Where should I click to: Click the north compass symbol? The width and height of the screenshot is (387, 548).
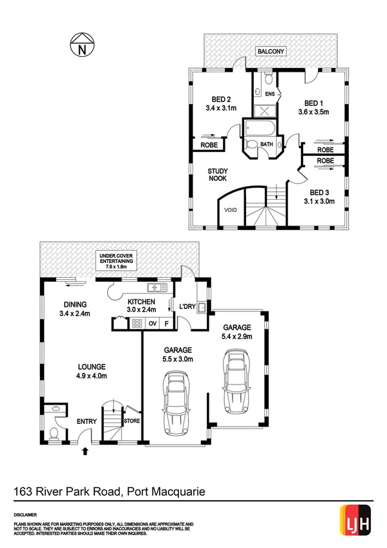coord(81,46)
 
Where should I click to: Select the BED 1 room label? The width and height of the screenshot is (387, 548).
coord(313,103)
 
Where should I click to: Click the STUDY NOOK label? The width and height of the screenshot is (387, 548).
coord(216,176)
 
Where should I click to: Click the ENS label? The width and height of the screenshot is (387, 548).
coord(270,94)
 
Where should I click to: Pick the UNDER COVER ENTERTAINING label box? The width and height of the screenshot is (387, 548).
coord(116,260)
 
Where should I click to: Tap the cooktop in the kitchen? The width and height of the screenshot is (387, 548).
coord(137,323)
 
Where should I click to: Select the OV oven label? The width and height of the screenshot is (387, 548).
coord(153,323)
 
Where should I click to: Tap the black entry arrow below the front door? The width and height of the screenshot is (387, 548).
coord(85,452)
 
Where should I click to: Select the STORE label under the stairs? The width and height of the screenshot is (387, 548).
coord(131,421)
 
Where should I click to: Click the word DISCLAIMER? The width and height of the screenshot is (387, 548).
coord(26,514)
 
